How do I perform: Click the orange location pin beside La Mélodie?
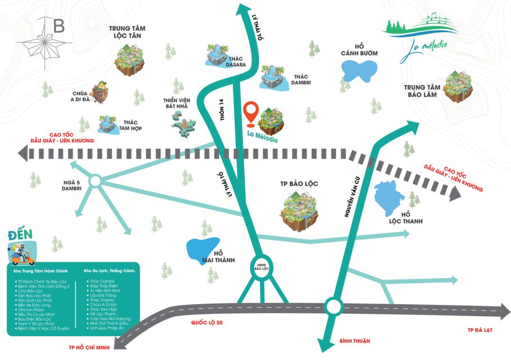point(251,113)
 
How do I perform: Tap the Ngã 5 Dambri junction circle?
point(94,180)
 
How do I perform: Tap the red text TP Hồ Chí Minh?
point(89,347)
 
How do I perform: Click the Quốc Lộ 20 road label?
point(207,322)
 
